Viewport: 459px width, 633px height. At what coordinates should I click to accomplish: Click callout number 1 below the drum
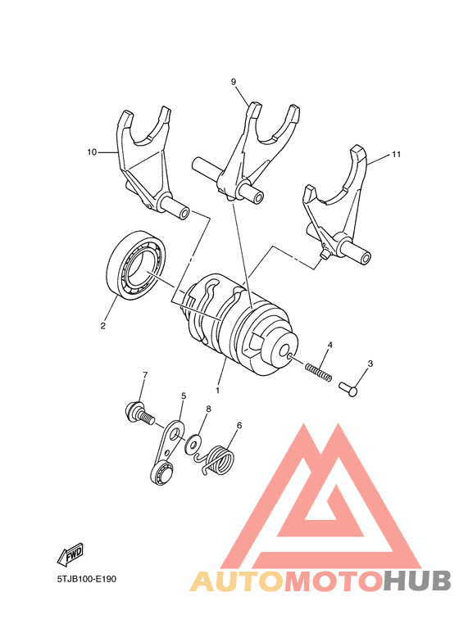coord(218,381)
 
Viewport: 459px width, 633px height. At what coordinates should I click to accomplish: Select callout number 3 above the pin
coord(370,364)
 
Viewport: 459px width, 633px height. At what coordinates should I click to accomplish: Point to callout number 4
coord(330,345)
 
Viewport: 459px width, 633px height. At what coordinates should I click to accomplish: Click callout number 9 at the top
coord(234,82)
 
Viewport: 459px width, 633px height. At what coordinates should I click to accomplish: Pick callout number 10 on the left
coord(91,151)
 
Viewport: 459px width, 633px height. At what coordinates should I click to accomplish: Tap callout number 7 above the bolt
coord(145,375)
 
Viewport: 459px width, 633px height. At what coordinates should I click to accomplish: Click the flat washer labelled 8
coord(194,445)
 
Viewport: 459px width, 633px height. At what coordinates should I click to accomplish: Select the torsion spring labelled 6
coord(218,460)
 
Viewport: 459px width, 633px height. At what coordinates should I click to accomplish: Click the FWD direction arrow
coord(70,555)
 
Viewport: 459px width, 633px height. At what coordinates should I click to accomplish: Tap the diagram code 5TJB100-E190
coord(87,579)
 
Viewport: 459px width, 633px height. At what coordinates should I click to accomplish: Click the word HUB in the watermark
coord(418,581)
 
